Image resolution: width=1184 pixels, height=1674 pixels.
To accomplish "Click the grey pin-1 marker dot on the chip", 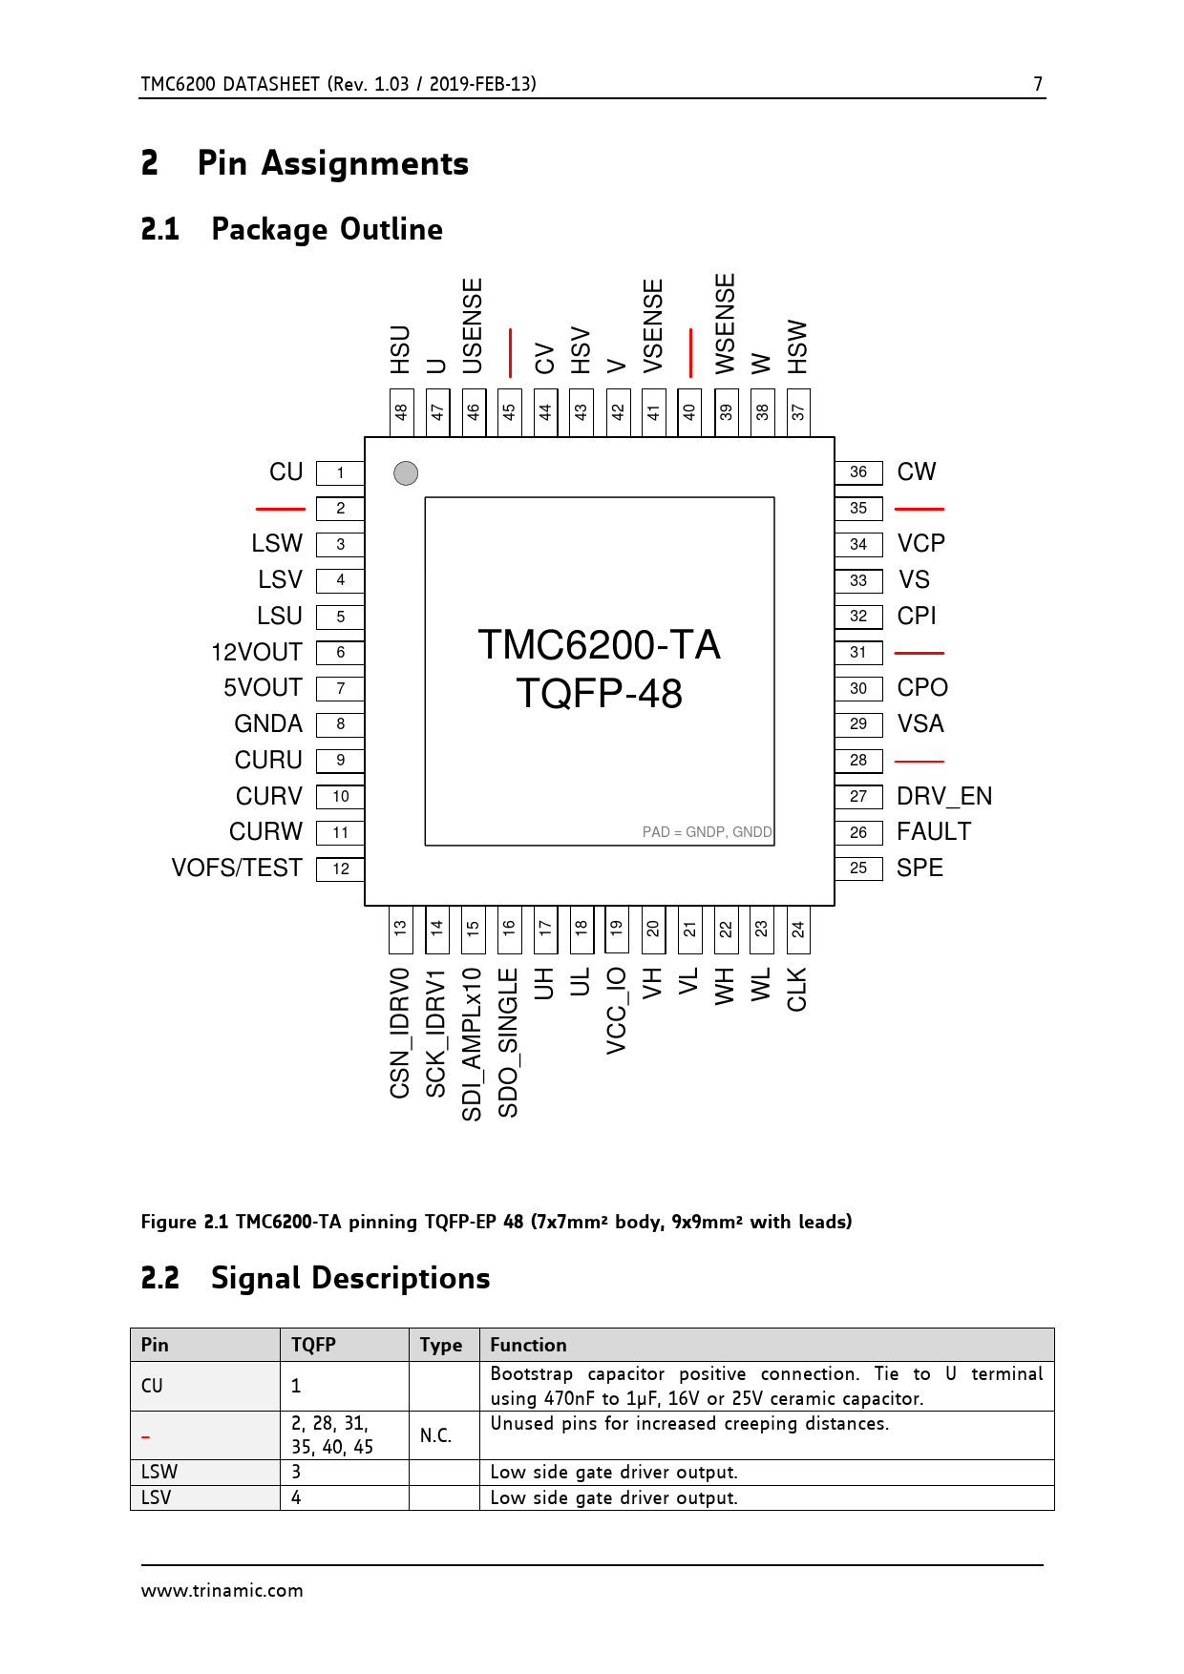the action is [x=406, y=473].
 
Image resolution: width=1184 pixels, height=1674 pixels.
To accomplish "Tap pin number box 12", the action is [x=340, y=868].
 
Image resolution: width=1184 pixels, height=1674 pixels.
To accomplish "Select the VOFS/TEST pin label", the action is [x=237, y=868].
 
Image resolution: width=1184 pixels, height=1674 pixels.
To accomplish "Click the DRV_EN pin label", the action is [x=944, y=796].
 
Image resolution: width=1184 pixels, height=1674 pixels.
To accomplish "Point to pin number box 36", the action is [x=858, y=472].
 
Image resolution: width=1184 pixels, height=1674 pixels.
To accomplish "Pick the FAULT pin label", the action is [x=934, y=832].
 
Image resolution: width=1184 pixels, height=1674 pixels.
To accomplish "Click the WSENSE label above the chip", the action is [x=726, y=324].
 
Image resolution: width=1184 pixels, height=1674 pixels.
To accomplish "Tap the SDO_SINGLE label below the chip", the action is [x=508, y=1043].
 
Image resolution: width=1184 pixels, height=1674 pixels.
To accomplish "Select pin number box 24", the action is [x=798, y=930].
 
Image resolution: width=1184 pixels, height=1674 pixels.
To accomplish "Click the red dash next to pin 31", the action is [x=920, y=653].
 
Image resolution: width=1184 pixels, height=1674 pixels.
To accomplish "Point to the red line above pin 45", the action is [x=511, y=352].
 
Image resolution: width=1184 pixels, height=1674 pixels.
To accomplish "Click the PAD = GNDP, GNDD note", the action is [x=707, y=832].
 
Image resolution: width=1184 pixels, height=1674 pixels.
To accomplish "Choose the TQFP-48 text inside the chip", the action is [x=600, y=694].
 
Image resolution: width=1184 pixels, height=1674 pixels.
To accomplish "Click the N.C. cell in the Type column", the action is [x=435, y=1435].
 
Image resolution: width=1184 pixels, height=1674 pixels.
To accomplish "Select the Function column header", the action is [x=528, y=1345].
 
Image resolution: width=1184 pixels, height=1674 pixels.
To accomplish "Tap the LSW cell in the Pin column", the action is [x=159, y=1473].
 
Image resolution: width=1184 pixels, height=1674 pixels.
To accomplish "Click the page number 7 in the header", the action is [x=1038, y=84].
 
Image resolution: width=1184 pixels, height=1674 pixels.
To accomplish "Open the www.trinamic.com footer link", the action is [x=222, y=1591].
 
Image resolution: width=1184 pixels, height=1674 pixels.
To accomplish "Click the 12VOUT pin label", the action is [x=257, y=653].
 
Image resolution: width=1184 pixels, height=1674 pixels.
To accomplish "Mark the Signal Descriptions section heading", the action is [x=350, y=1278].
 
